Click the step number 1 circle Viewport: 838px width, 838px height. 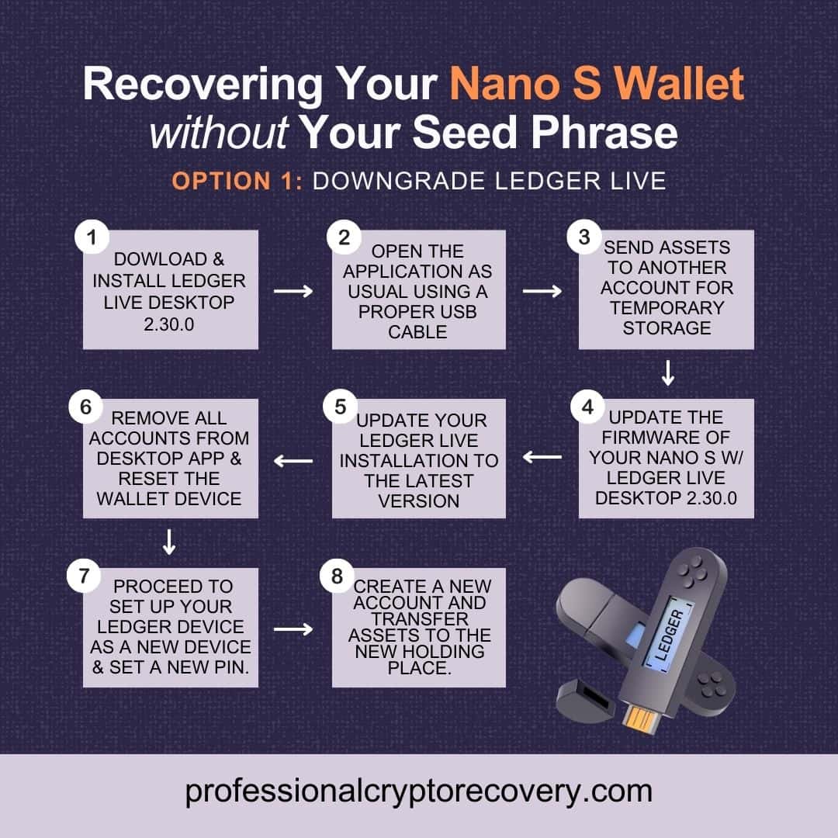pyautogui.click(x=92, y=238)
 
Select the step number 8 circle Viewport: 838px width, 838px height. pyautogui.click(x=336, y=577)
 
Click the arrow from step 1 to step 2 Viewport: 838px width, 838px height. pyautogui.click(x=294, y=290)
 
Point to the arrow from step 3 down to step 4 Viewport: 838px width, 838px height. pyautogui.click(x=667, y=374)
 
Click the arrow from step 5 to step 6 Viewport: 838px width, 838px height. pyautogui.click(x=294, y=461)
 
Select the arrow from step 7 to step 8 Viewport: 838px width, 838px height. pyautogui.click(x=294, y=628)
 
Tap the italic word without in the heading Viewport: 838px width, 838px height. pyautogui.click(x=219, y=133)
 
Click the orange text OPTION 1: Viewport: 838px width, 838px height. pyautogui.click(x=237, y=181)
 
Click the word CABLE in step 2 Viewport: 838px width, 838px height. pyautogui.click(x=418, y=332)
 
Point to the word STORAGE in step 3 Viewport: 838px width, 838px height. pyautogui.click(x=667, y=327)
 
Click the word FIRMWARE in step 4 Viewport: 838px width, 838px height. pyautogui.click(x=667, y=437)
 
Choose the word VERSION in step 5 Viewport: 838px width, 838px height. pyautogui.click(x=418, y=501)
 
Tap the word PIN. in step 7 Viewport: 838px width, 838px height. pyautogui.click(x=234, y=667)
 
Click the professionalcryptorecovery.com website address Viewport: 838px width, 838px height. pyautogui.click(x=418, y=791)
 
